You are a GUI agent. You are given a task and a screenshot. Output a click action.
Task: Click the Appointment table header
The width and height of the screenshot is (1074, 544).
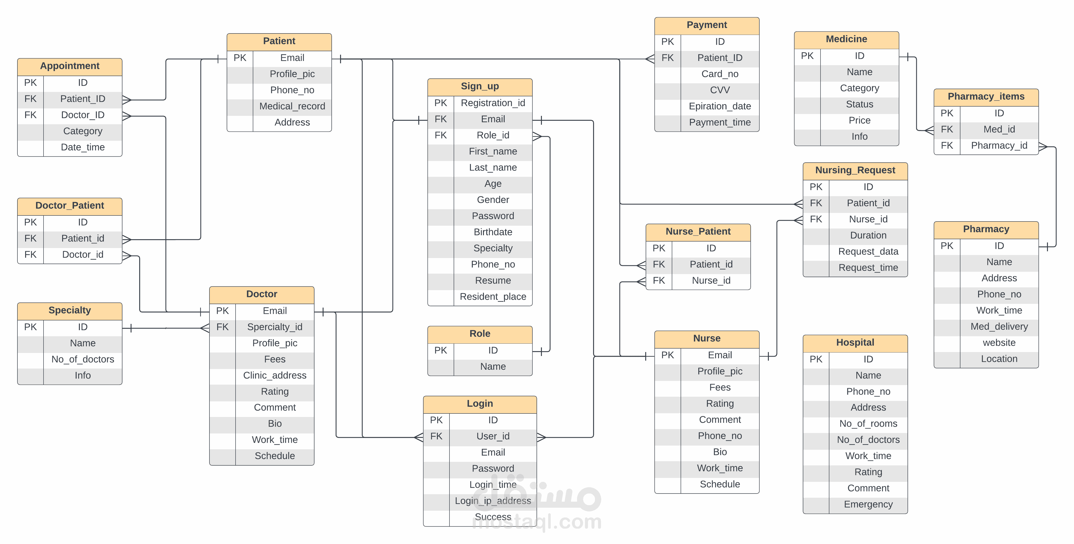70,66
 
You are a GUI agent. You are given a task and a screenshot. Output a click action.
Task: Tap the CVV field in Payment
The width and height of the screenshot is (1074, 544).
720,90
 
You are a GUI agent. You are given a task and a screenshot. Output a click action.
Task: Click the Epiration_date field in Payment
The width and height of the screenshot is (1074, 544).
720,106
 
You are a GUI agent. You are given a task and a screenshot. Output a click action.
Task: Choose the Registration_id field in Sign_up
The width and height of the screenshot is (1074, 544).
493,103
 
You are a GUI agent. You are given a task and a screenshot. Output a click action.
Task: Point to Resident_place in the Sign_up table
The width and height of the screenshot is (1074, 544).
493,297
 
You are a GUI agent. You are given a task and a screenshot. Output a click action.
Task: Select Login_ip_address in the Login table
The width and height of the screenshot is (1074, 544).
493,501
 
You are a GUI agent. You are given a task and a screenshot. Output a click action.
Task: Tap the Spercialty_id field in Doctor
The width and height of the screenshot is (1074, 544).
275,327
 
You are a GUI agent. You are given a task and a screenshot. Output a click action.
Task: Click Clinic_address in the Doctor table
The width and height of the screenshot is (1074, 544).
275,375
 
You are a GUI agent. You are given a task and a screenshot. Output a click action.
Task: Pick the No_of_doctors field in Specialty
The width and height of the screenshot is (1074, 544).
83,359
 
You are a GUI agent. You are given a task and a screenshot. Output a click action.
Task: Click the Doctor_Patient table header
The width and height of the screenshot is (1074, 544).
70,205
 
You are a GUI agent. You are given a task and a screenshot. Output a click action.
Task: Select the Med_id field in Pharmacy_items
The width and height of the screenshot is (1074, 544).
999,129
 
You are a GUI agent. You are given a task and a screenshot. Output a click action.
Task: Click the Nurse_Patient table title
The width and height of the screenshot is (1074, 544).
698,231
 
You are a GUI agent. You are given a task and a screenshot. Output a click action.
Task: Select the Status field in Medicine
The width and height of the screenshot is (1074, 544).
859,104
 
